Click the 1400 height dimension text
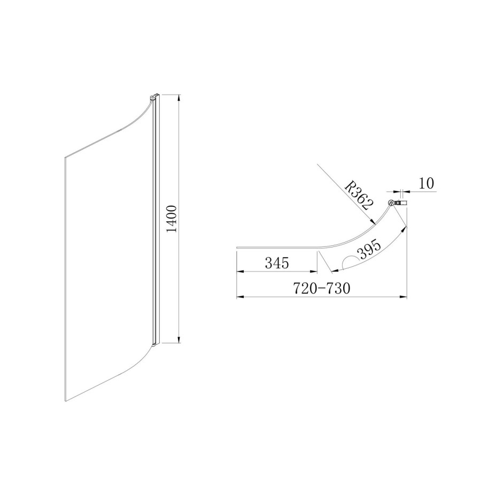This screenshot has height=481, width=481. tap(172, 219)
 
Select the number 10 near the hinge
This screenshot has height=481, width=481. tap(426, 183)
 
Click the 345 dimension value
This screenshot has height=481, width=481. tap(276, 263)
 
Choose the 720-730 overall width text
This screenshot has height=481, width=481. tap(321, 289)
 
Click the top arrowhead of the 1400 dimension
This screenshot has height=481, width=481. tap(179, 98)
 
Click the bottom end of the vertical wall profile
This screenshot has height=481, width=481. tap(155, 343)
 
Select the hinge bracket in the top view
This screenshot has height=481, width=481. tap(398, 203)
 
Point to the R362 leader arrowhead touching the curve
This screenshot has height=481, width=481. tap(373, 222)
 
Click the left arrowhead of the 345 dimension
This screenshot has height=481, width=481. tap(238, 273)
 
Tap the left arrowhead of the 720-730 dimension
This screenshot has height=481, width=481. tap(238, 297)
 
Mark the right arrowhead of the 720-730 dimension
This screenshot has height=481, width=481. tap(405, 297)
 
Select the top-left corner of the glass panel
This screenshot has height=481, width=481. tap(65, 157)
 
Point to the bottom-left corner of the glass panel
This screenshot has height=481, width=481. tap(65, 401)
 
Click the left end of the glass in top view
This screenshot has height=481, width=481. tap(237, 248)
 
